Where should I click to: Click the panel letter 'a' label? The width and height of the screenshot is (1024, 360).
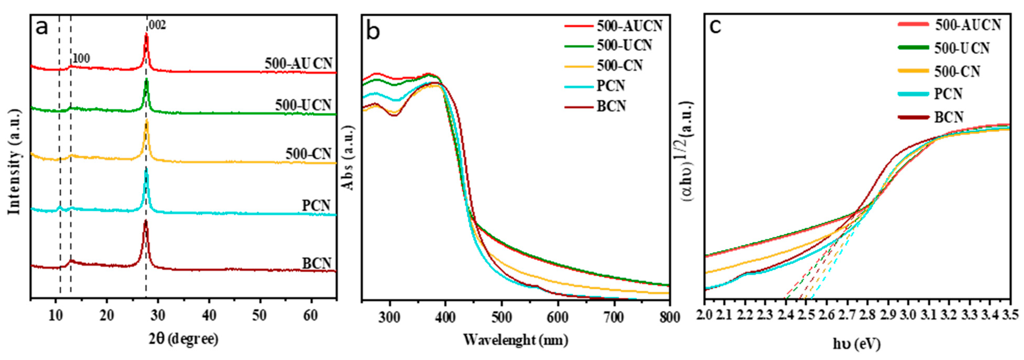42,28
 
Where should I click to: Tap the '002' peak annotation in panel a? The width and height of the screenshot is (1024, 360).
157,25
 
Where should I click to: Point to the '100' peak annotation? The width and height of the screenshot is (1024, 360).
81,58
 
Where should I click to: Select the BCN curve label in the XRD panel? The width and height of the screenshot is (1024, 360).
317,263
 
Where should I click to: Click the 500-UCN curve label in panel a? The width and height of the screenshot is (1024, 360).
303,105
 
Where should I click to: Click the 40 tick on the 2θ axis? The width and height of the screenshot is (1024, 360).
209,316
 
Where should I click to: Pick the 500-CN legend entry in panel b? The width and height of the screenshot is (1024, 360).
619,66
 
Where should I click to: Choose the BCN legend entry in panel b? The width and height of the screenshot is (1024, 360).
611,106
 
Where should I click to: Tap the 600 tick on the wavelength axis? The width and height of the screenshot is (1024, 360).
558,317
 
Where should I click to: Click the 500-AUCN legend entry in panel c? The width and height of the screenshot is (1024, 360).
968,25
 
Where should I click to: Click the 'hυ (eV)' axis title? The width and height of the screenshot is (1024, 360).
856,344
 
